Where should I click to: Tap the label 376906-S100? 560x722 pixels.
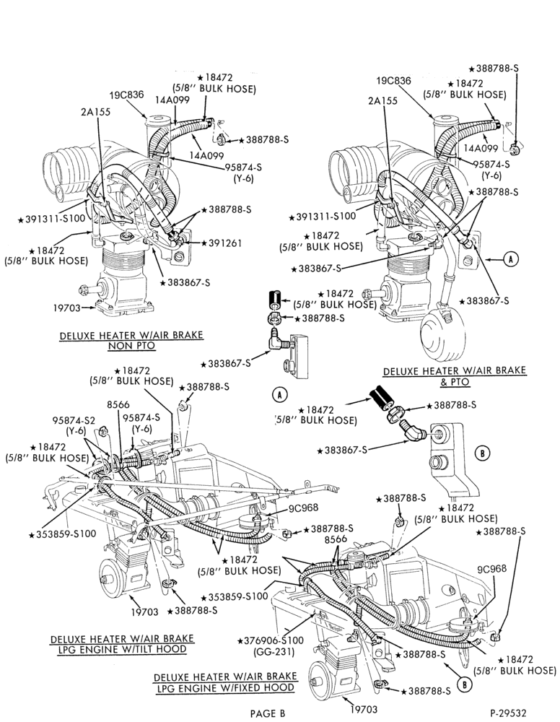click(271, 640)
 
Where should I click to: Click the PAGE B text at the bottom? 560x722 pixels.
click(268, 713)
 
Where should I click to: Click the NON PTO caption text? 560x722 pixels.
click(131, 346)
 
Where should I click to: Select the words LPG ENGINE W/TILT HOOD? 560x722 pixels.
click(122, 649)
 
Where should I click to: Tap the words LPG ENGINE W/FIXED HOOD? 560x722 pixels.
click(225, 687)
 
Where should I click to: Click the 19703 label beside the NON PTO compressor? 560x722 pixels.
click(66, 307)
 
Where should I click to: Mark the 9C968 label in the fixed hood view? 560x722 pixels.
click(491, 569)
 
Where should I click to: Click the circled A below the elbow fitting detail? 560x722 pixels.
click(279, 395)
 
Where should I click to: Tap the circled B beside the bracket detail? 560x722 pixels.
click(482, 453)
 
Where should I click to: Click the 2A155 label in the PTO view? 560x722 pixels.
click(382, 101)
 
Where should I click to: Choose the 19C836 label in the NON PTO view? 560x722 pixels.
click(126, 95)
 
